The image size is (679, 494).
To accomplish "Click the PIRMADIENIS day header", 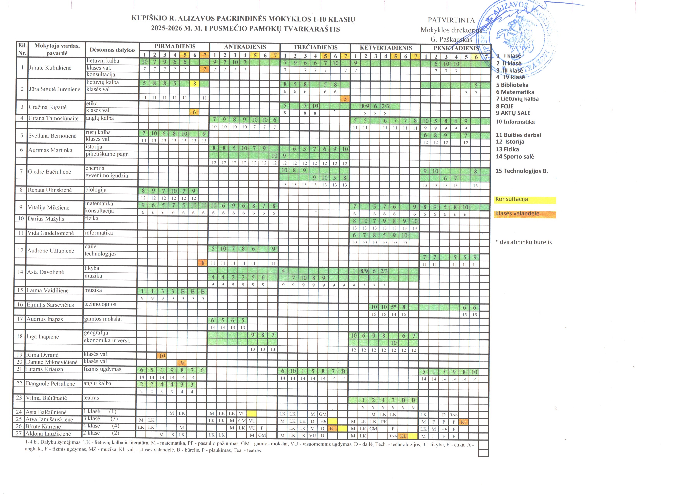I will pyautogui.click(x=175, y=46).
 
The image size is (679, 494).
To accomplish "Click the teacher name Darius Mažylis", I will pyautogui.click(x=46, y=219).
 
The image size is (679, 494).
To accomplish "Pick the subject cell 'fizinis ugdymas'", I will pyautogui.click(x=102, y=369).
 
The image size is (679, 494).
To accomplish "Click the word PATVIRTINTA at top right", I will pyautogui.click(x=451, y=20).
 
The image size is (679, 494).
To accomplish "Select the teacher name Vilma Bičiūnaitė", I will pyautogui.click(x=46, y=398).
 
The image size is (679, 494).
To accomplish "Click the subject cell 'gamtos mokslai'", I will pyautogui.click(x=103, y=319).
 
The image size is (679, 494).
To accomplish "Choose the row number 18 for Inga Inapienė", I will pyautogui.click(x=20, y=337).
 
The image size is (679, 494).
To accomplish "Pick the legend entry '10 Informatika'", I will pyautogui.click(x=515, y=122).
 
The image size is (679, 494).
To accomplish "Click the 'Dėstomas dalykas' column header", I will pyautogui.click(x=113, y=50).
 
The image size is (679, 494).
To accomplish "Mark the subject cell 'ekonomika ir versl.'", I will pyautogui.click(x=107, y=340).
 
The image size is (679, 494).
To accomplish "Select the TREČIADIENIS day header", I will pyautogui.click(x=315, y=47).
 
